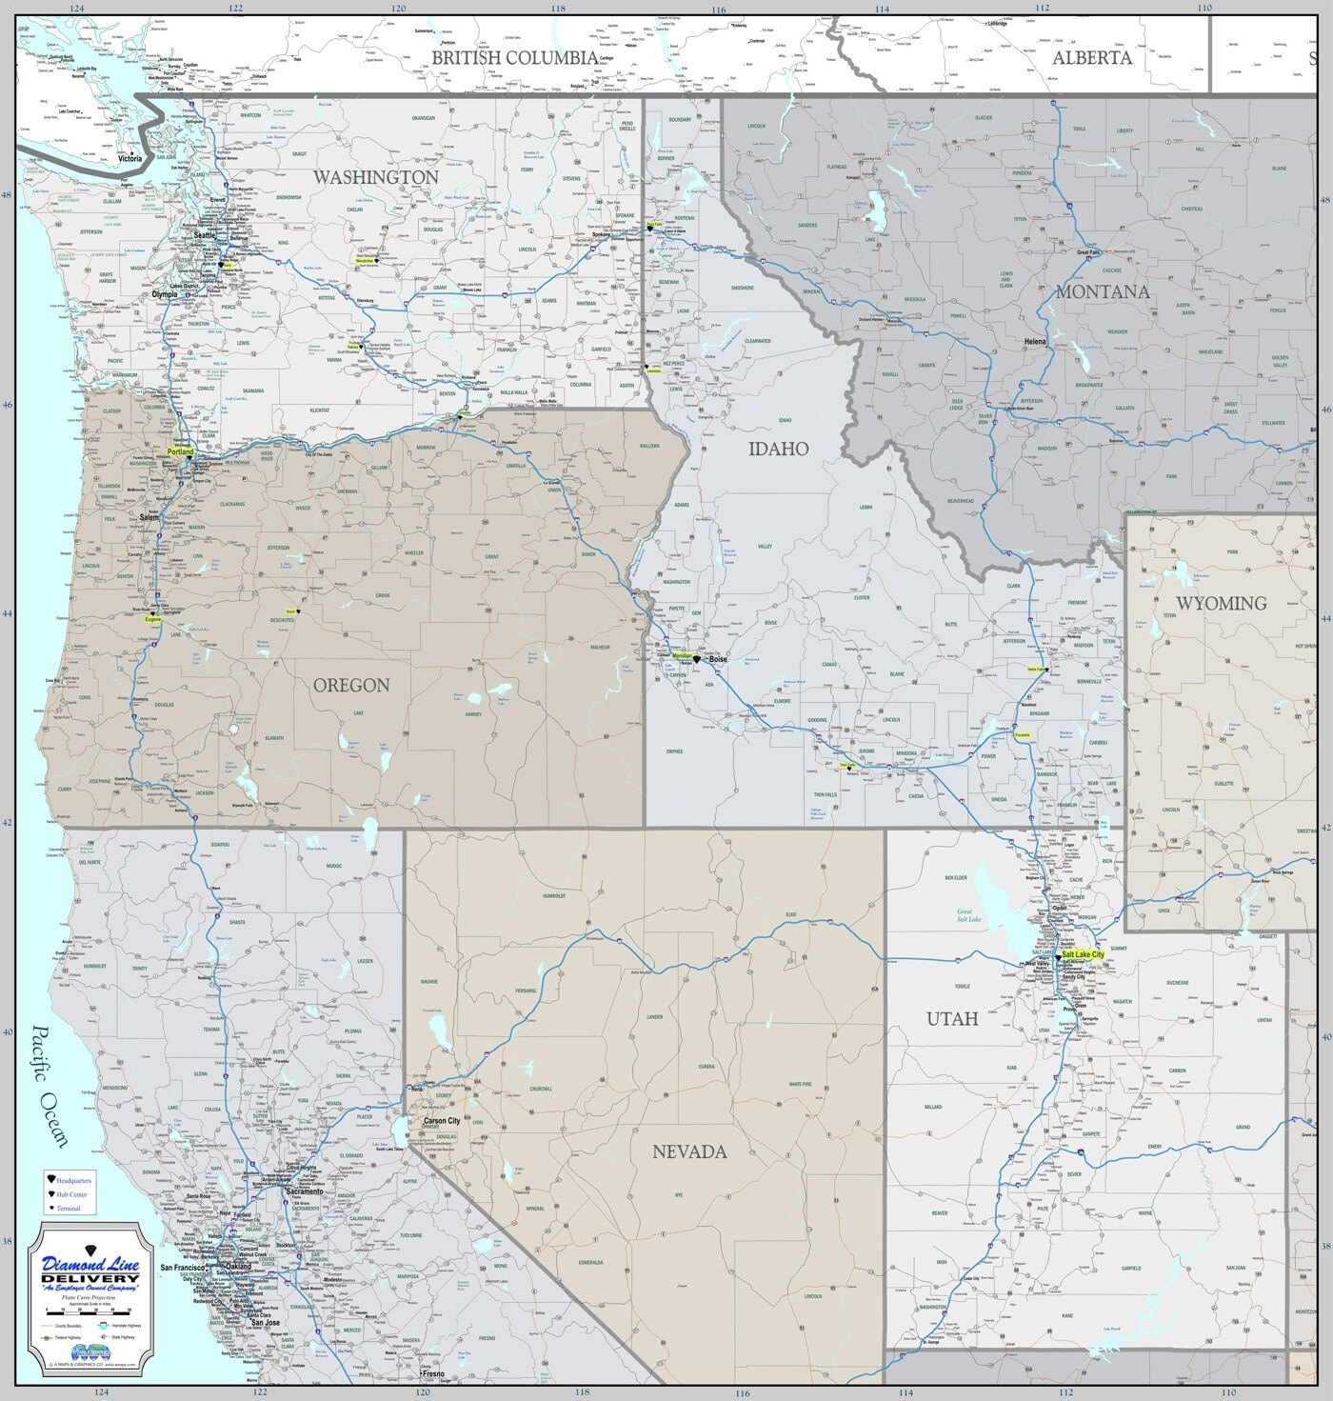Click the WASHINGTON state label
pyautogui.click(x=376, y=177)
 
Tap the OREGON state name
pyautogui.click(x=351, y=685)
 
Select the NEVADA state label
pyautogui.click(x=688, y=1151)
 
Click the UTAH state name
pyautogui.click(x=952, y=1019)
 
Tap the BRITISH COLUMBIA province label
pyautogui.click(x=514, y=57)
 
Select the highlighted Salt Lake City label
pyautogui.click(x=1083, y=954)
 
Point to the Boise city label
pyautogui.click(x=718, y=658)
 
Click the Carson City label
pyautogui.click(x=442, y=1121)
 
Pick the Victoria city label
pyautogui.click(x=129, y=158)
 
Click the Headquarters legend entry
pyautogui.click(x=74, y=1181)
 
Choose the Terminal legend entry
pyautogui.click(x=69, y=1208)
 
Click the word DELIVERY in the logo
pyautogui.click(x=90, y=1277)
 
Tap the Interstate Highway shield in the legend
pyautogui.click(x=106, y=1325)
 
